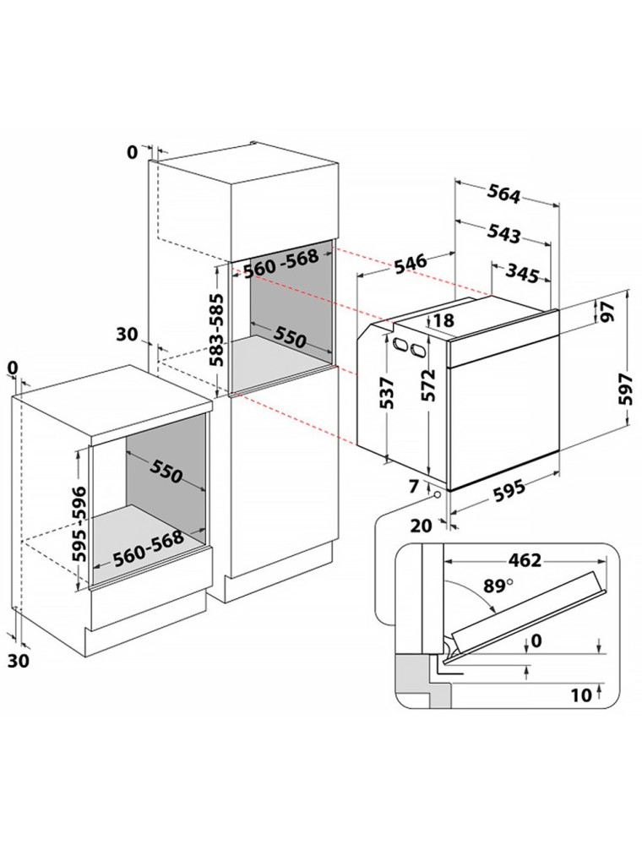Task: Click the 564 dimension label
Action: click(503, 194)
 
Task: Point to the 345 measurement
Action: click(524, 272)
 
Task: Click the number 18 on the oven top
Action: click(443, 320)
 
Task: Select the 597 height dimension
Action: click(625, 390)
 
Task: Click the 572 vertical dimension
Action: click(430, 387)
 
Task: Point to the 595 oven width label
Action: click(509, 490)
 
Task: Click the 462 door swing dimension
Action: click(525, 560)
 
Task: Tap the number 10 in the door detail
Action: click(580, 695)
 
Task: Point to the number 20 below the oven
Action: click(421, 526)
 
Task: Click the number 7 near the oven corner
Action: click(413, 486)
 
